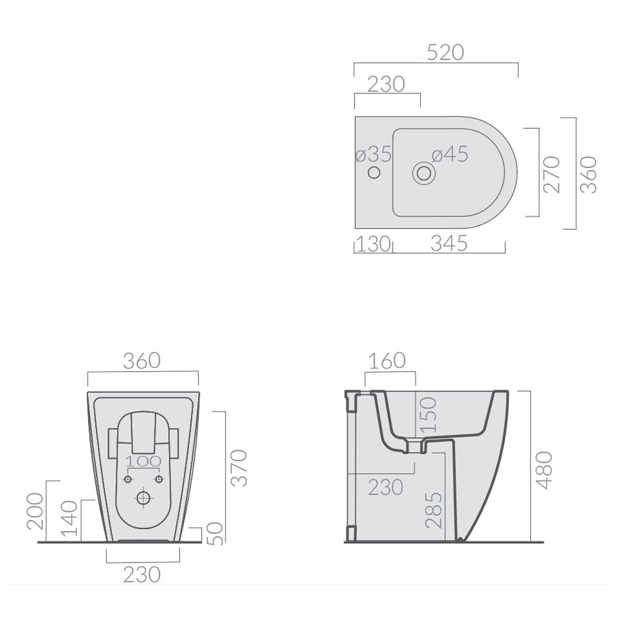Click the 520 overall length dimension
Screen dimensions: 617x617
(x=445, y=53)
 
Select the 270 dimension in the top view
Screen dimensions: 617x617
(x=552, y=174)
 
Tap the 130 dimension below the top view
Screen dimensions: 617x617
(x=373, y=244)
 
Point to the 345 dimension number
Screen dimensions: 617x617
(x=449, y=244)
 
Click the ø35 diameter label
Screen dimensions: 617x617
(x=373, y=155)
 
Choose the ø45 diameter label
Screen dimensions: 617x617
(x=450, y=155)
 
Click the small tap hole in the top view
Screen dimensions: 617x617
(x=374, y=173)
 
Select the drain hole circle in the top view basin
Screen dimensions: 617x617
(x=424, y=173)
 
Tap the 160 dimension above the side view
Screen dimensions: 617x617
(x=387, y=361)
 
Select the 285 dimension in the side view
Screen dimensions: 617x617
(x=434, y=510)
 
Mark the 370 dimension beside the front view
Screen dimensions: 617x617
(x=239, y=468)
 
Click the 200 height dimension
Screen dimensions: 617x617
(x=35, y=511)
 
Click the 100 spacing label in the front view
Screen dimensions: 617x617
(x=143, y=462)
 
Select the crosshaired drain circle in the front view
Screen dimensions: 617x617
(x=143, y=498)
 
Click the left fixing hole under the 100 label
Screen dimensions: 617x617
(x=128, y=479)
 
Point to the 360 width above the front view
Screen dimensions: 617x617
(x=141, y=361)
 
